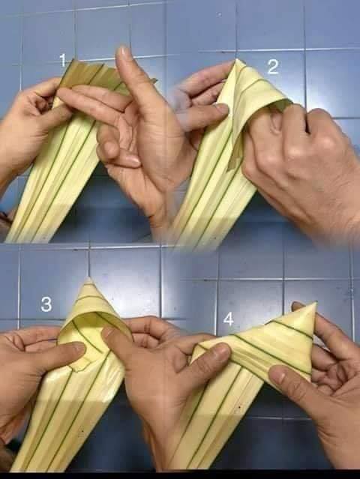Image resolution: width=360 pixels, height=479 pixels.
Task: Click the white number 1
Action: point(63,60)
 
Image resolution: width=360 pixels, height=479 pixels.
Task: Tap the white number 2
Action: point(272,67)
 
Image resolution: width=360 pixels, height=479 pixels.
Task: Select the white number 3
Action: point(46,304)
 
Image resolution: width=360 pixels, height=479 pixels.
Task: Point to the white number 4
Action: point(228,319)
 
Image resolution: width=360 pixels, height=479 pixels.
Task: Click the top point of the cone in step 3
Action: point(88,279)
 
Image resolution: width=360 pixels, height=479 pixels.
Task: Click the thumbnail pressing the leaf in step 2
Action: point(220,109)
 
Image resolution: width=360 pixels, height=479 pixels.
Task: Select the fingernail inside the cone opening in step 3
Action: point(107,332)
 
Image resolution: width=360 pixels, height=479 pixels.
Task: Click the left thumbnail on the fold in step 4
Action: point(221,352)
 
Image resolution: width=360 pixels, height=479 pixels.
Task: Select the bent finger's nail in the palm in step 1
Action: point(133,160)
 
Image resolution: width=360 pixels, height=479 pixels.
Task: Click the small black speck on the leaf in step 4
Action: point(239,407)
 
